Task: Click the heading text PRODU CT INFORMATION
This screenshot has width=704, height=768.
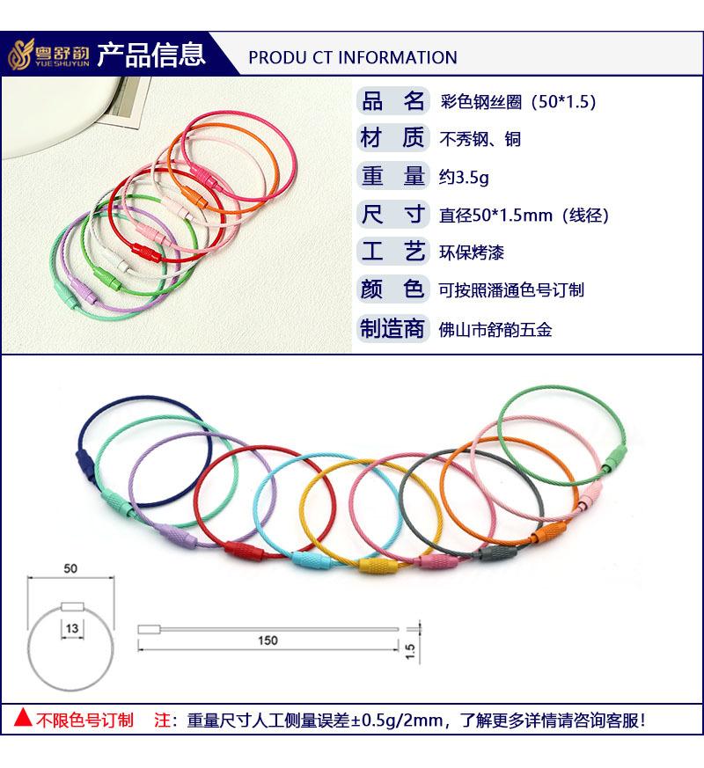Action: point(353,58)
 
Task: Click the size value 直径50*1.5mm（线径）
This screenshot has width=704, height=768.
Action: point(524,215)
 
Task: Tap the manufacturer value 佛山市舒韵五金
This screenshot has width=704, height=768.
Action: point(495,329)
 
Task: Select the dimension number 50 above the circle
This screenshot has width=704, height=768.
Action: point(70,569)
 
